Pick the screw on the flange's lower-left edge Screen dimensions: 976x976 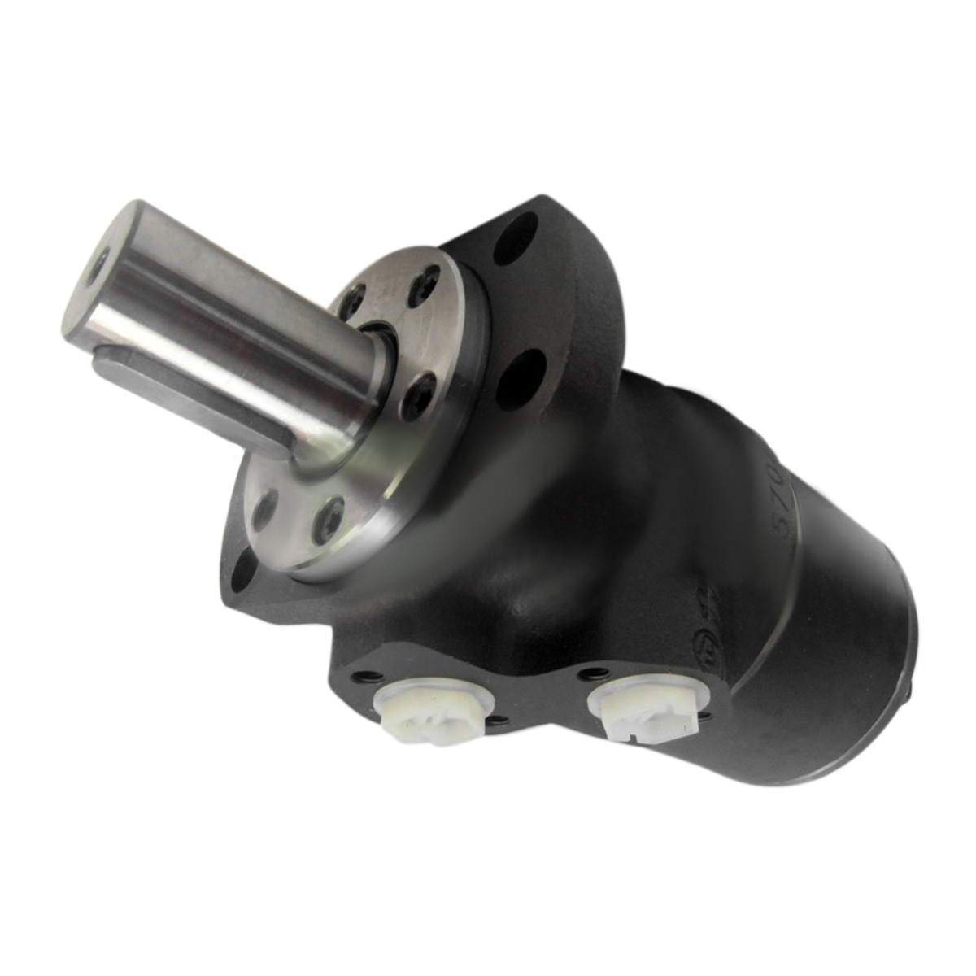(x=264, y=508)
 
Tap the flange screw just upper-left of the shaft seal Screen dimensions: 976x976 (x=351, y=303)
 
